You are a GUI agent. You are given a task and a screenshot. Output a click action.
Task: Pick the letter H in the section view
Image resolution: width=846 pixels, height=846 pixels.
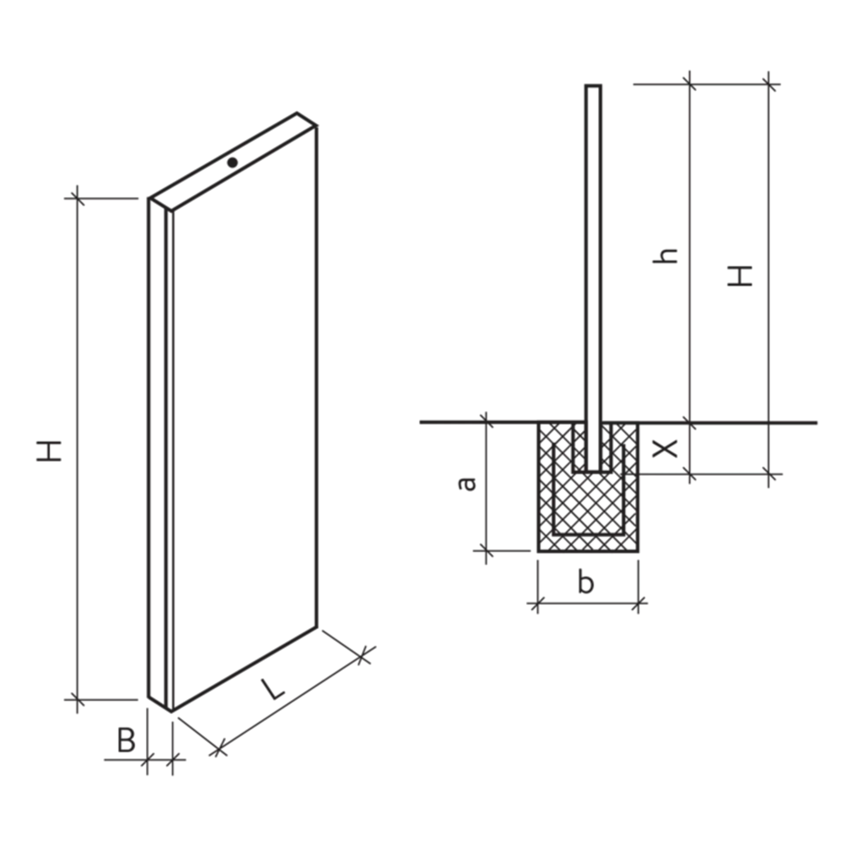coord(741,277)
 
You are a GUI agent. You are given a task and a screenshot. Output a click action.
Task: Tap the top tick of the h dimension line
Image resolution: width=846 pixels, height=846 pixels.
coord(690,86)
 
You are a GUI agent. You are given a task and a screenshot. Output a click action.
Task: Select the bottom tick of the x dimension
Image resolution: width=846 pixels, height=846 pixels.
coord(690,475)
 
